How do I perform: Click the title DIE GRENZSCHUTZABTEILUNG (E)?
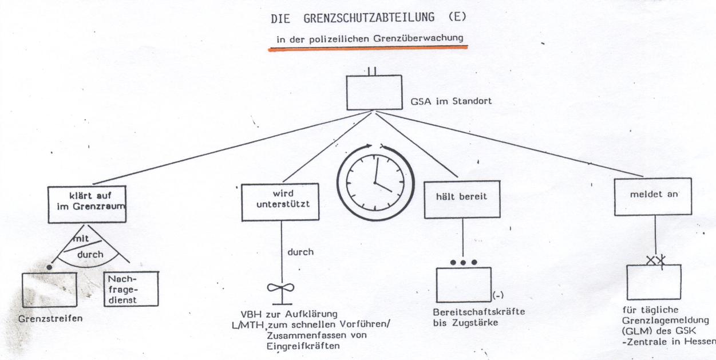pyautogui.click(x=369, y=18)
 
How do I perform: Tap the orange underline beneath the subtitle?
pyautogui.click(x=369, y=49)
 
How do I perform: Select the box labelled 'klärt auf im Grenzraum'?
pyautogui.click(x=87, y=203)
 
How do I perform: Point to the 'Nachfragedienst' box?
pyautogui.click(x=130, y=287)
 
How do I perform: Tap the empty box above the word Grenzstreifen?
pyautogui.click(x=49, y=290)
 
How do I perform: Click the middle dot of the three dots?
pyautogui.click(x=464, y=262)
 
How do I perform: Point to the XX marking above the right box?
pyautogui.click(x=655, y=260)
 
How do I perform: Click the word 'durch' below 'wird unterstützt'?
pyautogui.click(x=300, y=252)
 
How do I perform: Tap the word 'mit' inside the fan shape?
pyautogui.click(x=81, y=239)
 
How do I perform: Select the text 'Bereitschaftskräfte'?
pyautogui.click(x=479, y=312)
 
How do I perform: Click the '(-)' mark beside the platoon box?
pyautogui.click(x=497, y=295)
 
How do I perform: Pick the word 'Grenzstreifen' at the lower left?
pyautogui.click(x=50, y=318)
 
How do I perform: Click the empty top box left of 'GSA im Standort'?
pyautogui.click(x=374, y=93)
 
